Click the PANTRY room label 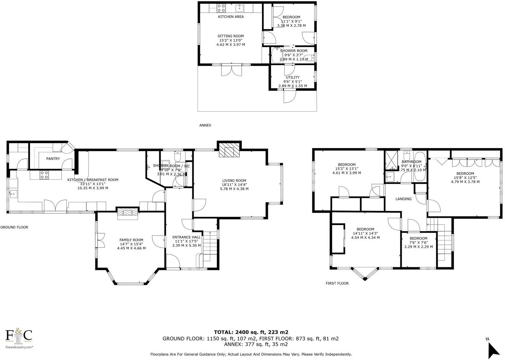[53, 159]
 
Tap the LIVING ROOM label [234, 180]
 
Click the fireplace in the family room [128, 212]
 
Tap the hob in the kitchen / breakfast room [44, 175]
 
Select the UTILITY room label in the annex [292, 78]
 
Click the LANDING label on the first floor [403, 199]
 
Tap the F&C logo [19, 336]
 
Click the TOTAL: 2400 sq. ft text [251, 332]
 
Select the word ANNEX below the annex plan [205, 125]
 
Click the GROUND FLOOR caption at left [14, 227]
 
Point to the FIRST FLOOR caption [337, 283]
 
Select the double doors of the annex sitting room [231, 70]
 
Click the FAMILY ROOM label [131, 240]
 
